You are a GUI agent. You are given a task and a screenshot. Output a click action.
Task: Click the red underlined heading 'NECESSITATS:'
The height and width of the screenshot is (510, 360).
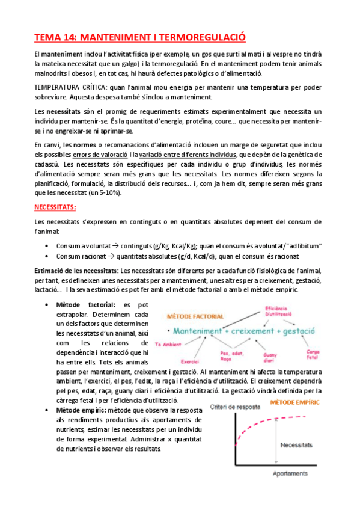click(x=55, y=207)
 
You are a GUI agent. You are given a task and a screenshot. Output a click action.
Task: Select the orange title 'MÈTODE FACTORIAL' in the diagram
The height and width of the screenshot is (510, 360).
click(x=196, y=316)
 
